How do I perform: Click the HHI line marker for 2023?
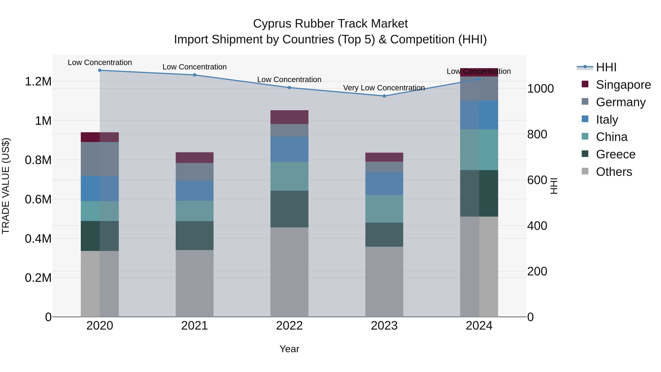[x=384, y=96]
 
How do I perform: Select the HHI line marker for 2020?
[x=100, y=70]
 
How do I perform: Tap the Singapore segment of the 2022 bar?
[x=289, y=117]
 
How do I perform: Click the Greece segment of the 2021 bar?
[x=194, y=236]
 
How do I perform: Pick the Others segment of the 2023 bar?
[x=384, y=282]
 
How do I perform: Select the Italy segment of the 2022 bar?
[x=289, y=149]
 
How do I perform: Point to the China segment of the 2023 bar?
[x=384, y=209]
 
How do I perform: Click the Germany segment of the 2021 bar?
[x=194, y=172]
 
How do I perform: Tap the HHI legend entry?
[x=606, y=67]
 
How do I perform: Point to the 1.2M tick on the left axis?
[x=38, y=82]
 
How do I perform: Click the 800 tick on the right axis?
[x=537, y=134]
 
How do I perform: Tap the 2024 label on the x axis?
[x=479, y=326]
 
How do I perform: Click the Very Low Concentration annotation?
[x=384, y=88]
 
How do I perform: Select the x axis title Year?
[x=289, y=349]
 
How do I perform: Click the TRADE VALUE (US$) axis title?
[x=6, y=186]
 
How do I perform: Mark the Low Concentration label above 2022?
[x=289, y=80]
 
